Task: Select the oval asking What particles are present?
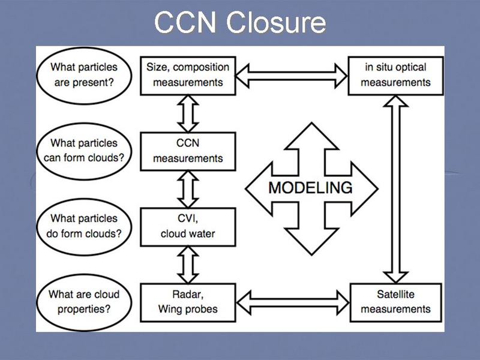(x=84, y=75)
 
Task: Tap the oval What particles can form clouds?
(x=84, y=151)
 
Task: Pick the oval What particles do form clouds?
(x=84, y=226)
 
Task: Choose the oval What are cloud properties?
(x=84, y=301)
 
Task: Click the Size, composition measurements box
(x=188, y=75)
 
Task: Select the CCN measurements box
(x=188, y=151)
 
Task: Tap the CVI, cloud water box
(x=188, y=226)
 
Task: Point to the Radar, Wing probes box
(x=188, y=302)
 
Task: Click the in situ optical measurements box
(x=395, y=75)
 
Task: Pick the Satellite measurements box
(x=395, y=302)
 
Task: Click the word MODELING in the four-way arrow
(x=310, y=188)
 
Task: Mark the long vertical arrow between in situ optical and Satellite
(x=395, y=189)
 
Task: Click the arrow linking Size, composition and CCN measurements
(x=188, y=113)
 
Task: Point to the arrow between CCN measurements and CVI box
(x=188, y=188)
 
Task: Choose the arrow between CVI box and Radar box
(x=188, y=264)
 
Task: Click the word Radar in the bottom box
(x=188, y=295)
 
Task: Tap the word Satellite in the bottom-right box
(x=395, y=295)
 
